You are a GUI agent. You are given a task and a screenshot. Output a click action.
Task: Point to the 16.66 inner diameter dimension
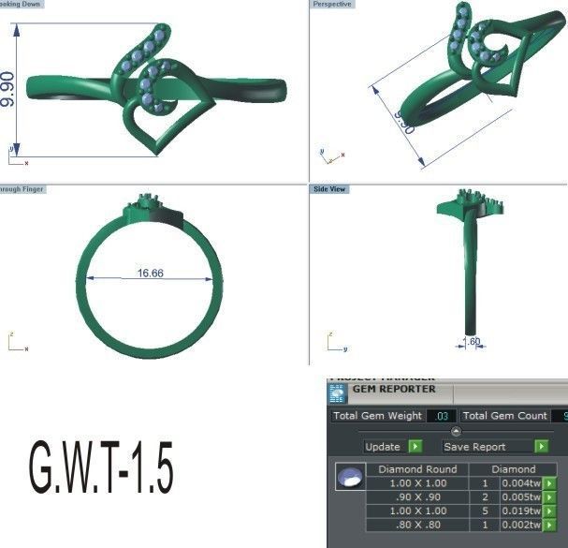[151, 274]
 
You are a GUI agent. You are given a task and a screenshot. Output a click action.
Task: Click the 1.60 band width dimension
[472, 342]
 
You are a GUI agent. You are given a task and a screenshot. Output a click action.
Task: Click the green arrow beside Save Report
[540, 447]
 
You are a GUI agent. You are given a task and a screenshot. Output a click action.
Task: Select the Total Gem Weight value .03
[442, 416]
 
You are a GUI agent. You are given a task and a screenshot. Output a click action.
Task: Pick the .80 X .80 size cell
[416, 526]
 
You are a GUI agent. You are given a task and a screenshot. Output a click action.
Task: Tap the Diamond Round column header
[416, 469]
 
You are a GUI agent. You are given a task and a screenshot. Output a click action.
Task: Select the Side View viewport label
[330, 189]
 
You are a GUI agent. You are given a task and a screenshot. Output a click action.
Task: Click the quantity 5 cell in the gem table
[485, 511]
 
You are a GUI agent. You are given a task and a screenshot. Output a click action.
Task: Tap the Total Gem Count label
[504, 416]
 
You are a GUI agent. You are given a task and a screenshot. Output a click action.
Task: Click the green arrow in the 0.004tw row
[549, 483]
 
